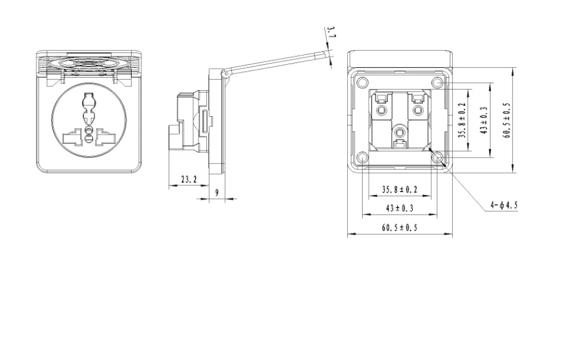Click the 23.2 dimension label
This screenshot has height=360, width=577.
coord(189,180)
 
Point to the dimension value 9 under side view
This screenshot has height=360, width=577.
coord(217,192)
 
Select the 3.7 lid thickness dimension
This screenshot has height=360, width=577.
coord(331,32)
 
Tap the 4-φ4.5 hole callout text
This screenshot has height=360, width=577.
coord(503,205)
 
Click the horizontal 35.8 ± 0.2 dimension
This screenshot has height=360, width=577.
coord(400,190)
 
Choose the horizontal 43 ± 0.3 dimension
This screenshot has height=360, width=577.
coord(400,208)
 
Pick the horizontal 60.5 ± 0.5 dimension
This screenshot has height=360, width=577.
coord(400,228)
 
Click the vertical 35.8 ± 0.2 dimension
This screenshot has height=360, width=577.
coord(463,120)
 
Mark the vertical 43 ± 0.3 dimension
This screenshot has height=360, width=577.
coord(484,120)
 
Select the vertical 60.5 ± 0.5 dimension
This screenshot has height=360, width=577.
coord(507,120)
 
